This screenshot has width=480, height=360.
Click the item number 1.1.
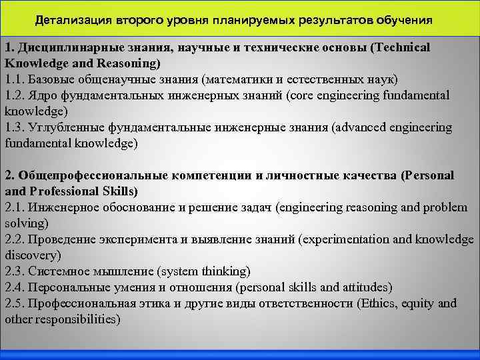[14, 79]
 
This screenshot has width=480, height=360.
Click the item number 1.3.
[14, 127]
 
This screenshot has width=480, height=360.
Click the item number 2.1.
[14, 207]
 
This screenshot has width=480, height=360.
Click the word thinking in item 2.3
[224, 271]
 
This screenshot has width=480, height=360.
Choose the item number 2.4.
[14, 287]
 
